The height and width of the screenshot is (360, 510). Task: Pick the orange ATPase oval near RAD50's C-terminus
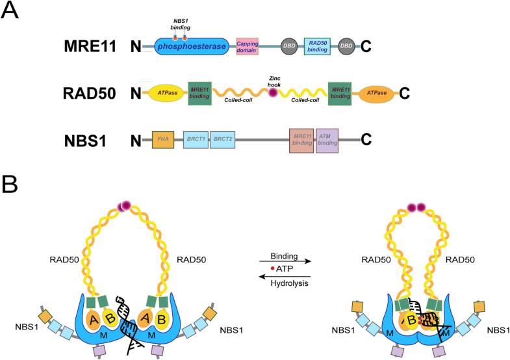point(377,94)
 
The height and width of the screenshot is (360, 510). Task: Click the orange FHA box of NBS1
point(162,139)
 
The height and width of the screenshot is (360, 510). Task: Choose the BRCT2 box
point(222,139)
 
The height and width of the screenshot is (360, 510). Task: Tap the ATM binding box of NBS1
point(327,140)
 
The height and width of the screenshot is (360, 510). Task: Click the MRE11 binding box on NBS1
point(301,140)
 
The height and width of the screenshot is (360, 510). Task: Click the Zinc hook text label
point(274,77)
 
